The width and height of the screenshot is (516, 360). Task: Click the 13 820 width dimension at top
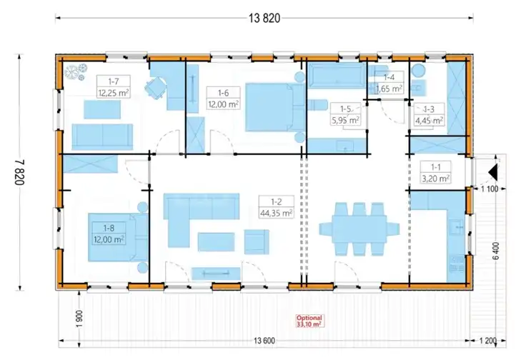tap(264, 18)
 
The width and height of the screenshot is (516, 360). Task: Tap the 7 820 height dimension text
tap(19, 173)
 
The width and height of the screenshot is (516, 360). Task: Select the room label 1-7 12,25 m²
tap(114, 87)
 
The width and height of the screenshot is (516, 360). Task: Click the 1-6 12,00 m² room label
tap(223, 99)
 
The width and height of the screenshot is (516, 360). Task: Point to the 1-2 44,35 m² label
tap(276, 207)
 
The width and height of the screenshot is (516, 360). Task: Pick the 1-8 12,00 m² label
tap(109, 234)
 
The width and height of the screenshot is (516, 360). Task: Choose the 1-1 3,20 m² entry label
tap(436, 173)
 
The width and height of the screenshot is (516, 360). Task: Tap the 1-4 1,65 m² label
tap(389, 83)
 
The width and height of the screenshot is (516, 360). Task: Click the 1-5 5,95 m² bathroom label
tap(345, 114)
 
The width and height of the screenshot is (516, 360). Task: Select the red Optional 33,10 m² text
tap(309, 321)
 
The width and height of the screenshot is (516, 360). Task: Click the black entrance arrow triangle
tap(492, 173)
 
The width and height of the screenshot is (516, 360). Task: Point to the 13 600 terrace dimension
tap(264, 341)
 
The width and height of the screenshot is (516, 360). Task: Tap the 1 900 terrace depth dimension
tap(79, 319)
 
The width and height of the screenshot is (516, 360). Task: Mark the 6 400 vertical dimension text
tap(496, 251)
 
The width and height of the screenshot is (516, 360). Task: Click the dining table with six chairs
tap(359, 229)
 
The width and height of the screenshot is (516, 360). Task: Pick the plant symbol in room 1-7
tap(76, 71)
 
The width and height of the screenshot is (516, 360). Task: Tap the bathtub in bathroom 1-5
tap(337, 75)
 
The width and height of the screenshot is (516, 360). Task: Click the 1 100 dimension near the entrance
tap(490, 189)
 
